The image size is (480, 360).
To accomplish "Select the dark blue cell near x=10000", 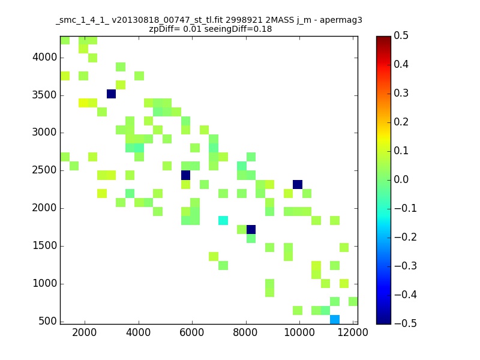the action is pyautogui.click(x=298, y=185).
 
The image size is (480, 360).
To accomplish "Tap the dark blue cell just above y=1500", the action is pyautogui.click(x=251, y=230).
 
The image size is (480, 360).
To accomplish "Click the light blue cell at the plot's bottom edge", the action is pyautogui.click(x=335, y=319).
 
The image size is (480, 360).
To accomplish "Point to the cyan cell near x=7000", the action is pyautogui.click(x=223, y=220).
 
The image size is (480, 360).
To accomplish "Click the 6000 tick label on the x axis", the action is pyautogui.click(x=192, y=332).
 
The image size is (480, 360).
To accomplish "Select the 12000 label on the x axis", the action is pyautogui.click(x=353, y=332).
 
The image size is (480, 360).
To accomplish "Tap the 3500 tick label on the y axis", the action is pyautogui.click(x=44, y=95).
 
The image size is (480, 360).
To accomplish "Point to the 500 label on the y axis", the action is pyautogui.click(x=48, y=321).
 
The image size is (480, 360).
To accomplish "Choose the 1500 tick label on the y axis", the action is pyautogui.click(x=44, y=245).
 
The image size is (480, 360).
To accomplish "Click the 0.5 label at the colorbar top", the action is pyautogui.click(x=401, y=35).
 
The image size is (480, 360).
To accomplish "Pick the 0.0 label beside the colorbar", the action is pyautogui.click(x=401, y=179).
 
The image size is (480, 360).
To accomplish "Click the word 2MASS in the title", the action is pyautogui.click(x=280, y=20).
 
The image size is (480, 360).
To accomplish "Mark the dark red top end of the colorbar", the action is pyautogui.click(x=383, y=38).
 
